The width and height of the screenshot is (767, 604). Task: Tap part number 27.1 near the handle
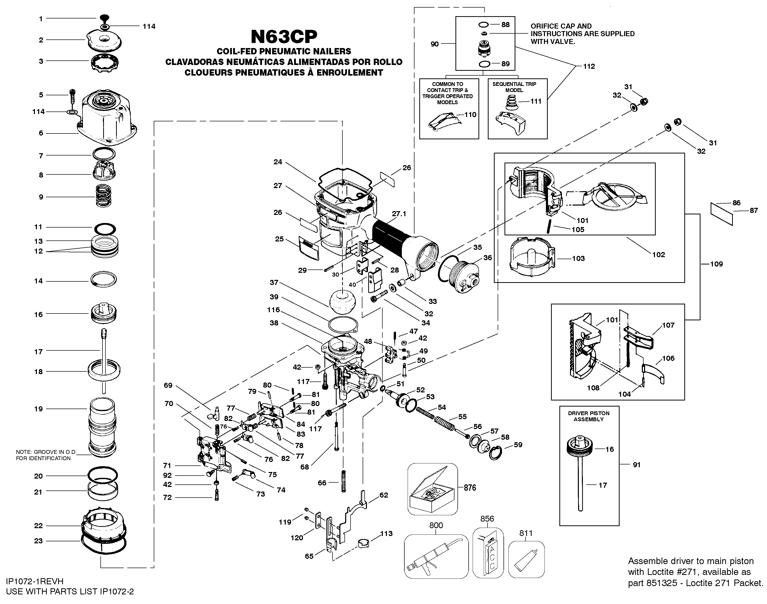(399, 214)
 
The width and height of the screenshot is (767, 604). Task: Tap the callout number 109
(716, 264)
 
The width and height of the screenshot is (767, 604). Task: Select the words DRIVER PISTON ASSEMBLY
(588, 416)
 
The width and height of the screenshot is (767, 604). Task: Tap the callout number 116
(273, 310)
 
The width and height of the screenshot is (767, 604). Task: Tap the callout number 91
(637, 465)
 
